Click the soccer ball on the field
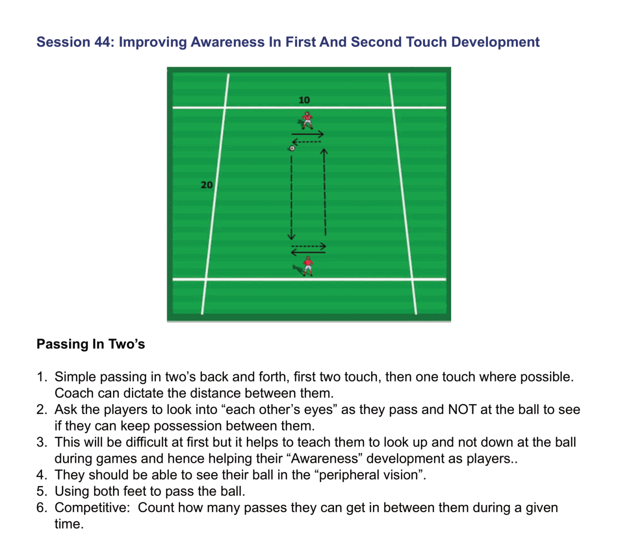point(292,148)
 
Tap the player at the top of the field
point(307,120)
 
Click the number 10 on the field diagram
point(304,100)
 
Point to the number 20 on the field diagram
point(207,185)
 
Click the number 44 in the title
point(101,42)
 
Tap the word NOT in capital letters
point(462,409)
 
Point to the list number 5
point(42,491)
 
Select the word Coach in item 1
point(74,393)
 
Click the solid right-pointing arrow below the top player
point(307,134)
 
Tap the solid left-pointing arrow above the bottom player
point(308,252)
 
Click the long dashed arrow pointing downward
point(291,197)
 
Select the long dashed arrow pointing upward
point(325,192)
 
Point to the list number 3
point(42,442)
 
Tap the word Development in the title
point(495,42)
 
